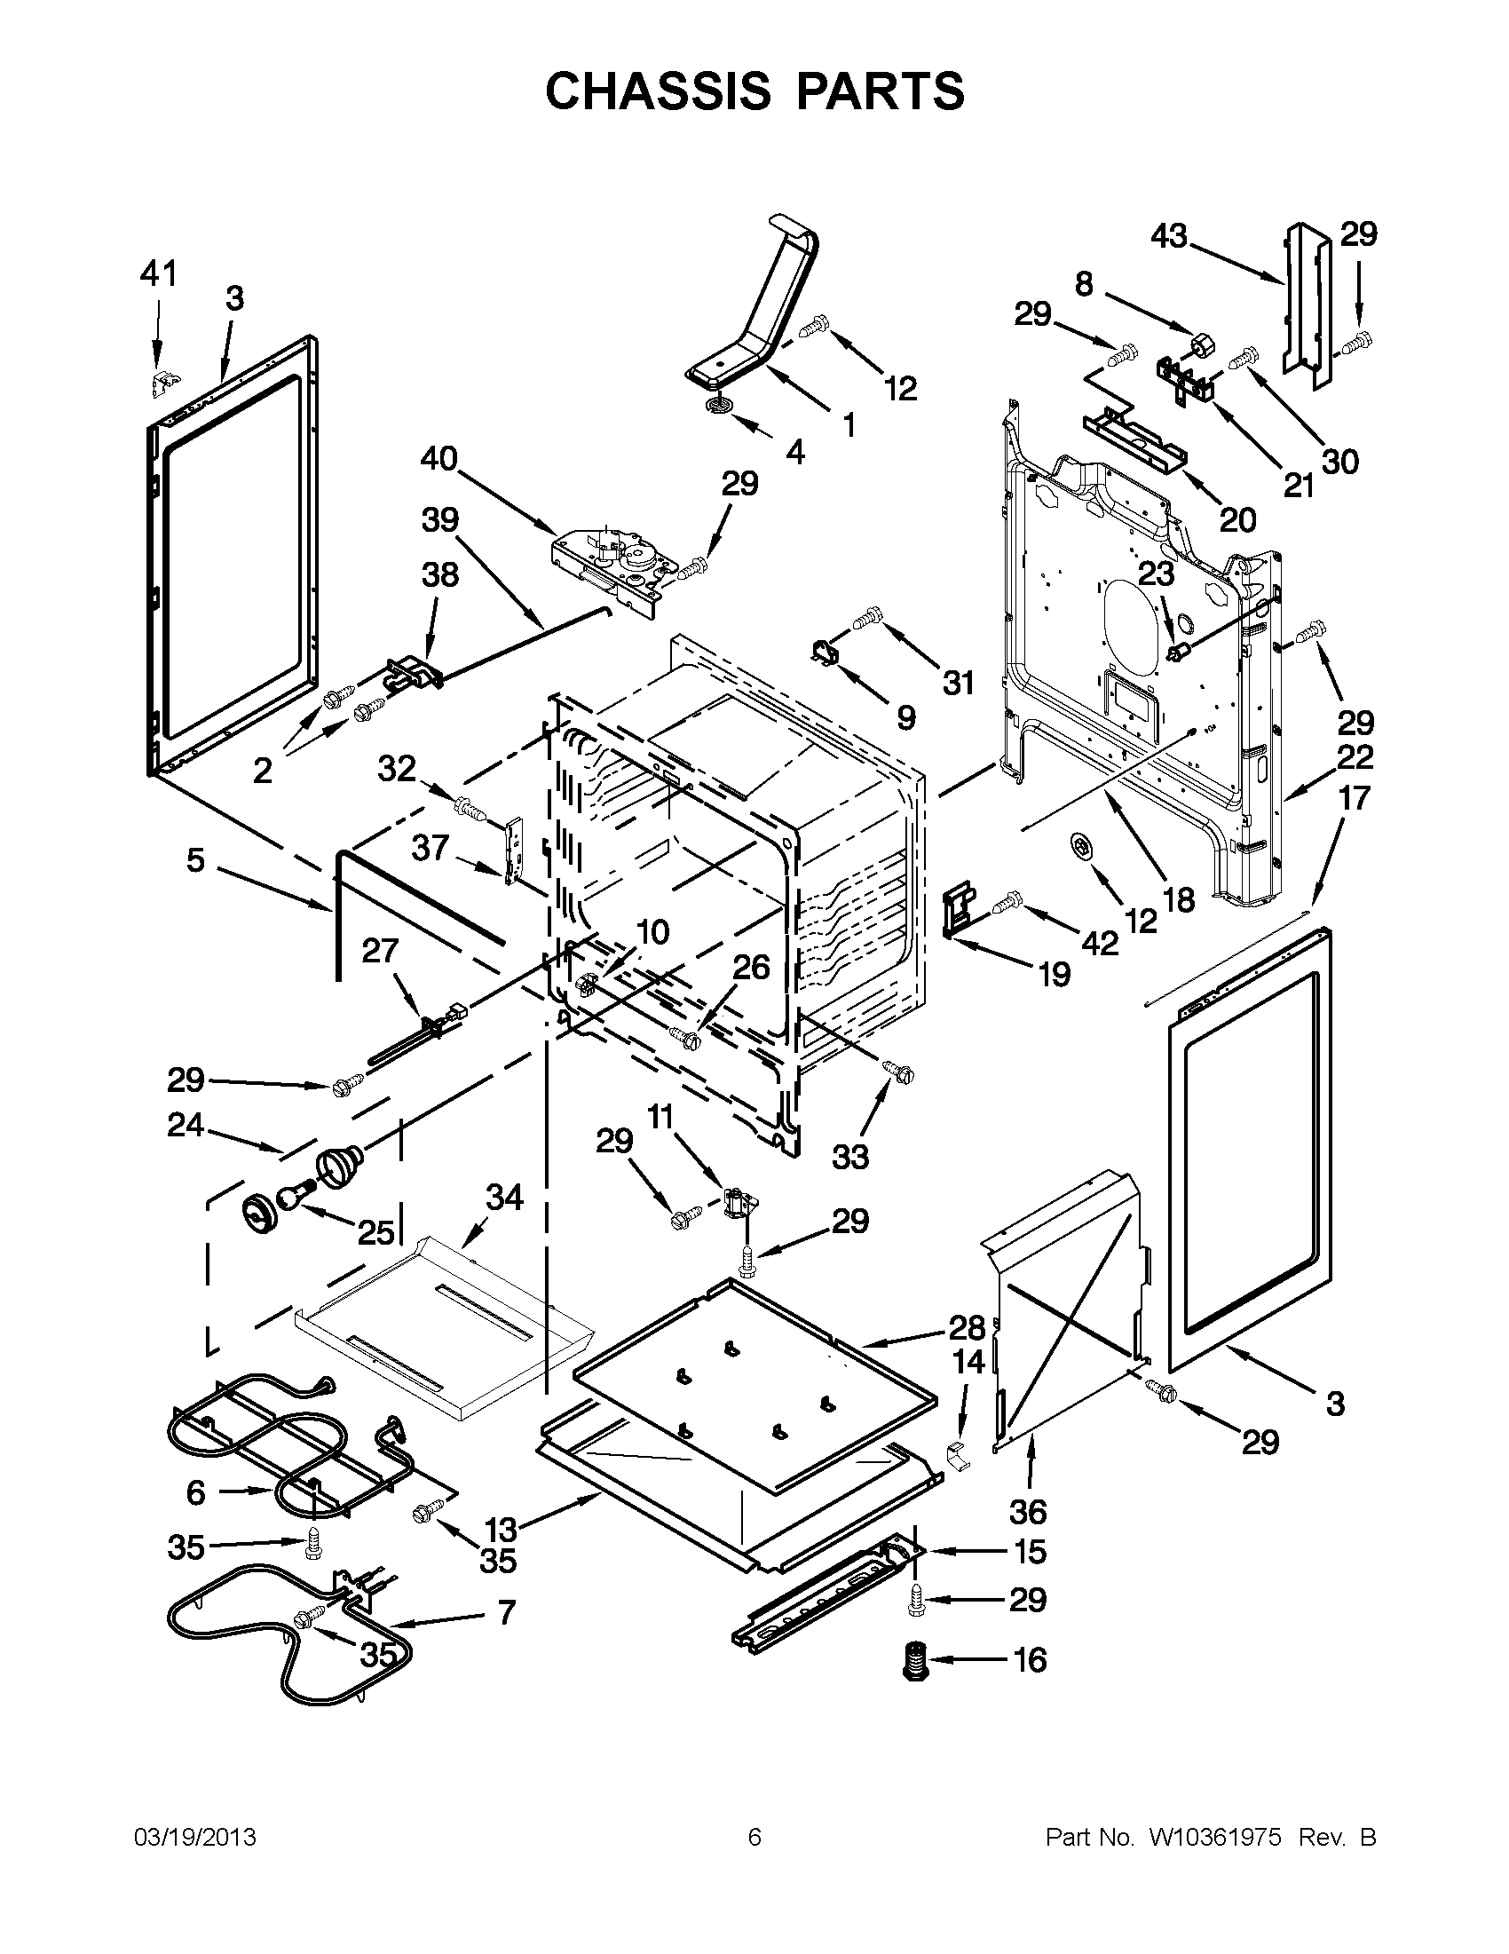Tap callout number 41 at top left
[158, 273]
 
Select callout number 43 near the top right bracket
[1169, 236]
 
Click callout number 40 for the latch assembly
[438, 459]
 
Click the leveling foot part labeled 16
[913, 1661]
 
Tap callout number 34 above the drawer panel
[503, 1197]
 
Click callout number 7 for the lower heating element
[505, 1612]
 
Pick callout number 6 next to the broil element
[196, 1491]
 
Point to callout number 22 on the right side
[1355, 757]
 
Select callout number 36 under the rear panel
[1028, 1511]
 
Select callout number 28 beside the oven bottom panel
[967, 1327]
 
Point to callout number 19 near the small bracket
[1055, 973]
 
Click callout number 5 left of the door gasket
[196, 860]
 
